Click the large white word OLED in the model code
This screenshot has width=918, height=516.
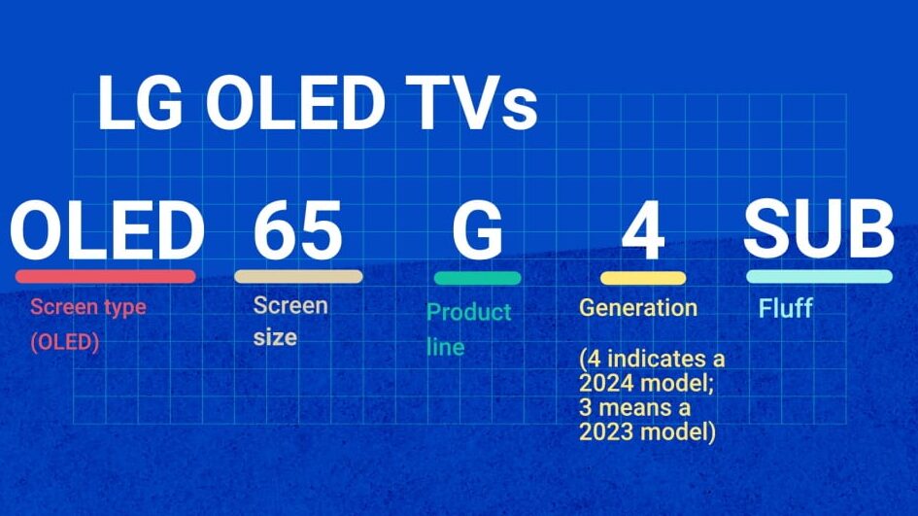coord(107,229)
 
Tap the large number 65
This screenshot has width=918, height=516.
coord(298,229)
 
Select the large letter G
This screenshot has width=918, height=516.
coord(478,229)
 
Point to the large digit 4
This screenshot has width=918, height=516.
coord(643,229)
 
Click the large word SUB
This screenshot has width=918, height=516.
coord(819,227)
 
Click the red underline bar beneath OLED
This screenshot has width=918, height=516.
coord(105,276)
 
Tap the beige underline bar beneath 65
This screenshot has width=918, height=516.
coord(298,276)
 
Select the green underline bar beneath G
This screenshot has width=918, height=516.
coord(478,278)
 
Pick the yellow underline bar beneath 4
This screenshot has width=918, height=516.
coord(643,278)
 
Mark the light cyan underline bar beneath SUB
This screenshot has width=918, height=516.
coord(820,276)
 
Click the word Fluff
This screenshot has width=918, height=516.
coord(786,308)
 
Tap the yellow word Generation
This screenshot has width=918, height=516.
coord(638,308)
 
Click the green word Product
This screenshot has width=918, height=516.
coord(469,312)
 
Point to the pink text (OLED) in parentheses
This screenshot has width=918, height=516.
coord(65,342)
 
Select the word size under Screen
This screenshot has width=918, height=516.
coord(275,337)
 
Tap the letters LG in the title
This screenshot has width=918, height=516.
coord(141,103)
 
